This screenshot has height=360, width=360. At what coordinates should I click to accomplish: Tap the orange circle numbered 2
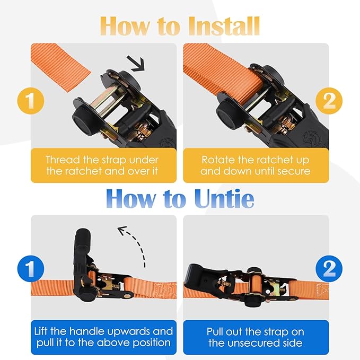[x=329, y=101]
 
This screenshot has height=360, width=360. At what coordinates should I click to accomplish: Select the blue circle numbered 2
[x=329, y=269]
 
